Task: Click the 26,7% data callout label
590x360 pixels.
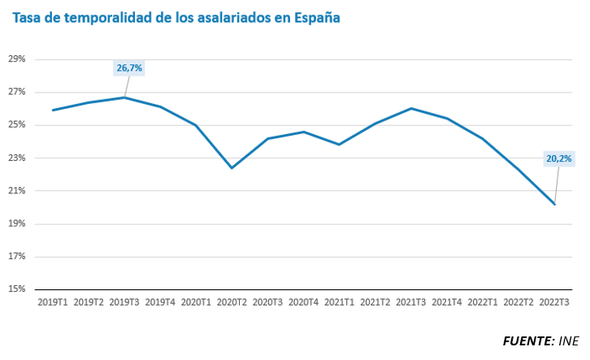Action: click(x=129, y=68)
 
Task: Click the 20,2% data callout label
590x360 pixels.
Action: click(x=559, y=158)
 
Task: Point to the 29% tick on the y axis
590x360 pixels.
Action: click(x=17, y=59)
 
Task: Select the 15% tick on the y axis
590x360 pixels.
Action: click(x=17, y=289)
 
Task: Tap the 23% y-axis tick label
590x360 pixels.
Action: click(x=17, y=158)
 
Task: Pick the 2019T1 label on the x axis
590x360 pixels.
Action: click(x=53, y=302)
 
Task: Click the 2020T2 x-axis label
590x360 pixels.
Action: click(x=232, y=302)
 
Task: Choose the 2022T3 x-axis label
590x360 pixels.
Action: click(x=554, y=302)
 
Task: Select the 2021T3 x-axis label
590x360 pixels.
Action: click(x=411, y=302)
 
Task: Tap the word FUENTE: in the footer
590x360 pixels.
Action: click(x=527, y=340)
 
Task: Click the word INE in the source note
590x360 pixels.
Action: click(x=570, y=340)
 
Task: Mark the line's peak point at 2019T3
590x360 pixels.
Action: click(x=124, y=98)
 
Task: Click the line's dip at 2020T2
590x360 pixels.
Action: click(x=232, y=168)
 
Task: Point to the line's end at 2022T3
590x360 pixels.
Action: click(x=554, y=204)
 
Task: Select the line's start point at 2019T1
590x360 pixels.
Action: click(x=53, y=111)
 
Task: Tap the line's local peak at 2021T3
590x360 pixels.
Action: click(x=411, y=108)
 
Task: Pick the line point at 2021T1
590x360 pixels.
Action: click(x=339, y=145)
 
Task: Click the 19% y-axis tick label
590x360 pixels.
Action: click(x=17, y=223)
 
